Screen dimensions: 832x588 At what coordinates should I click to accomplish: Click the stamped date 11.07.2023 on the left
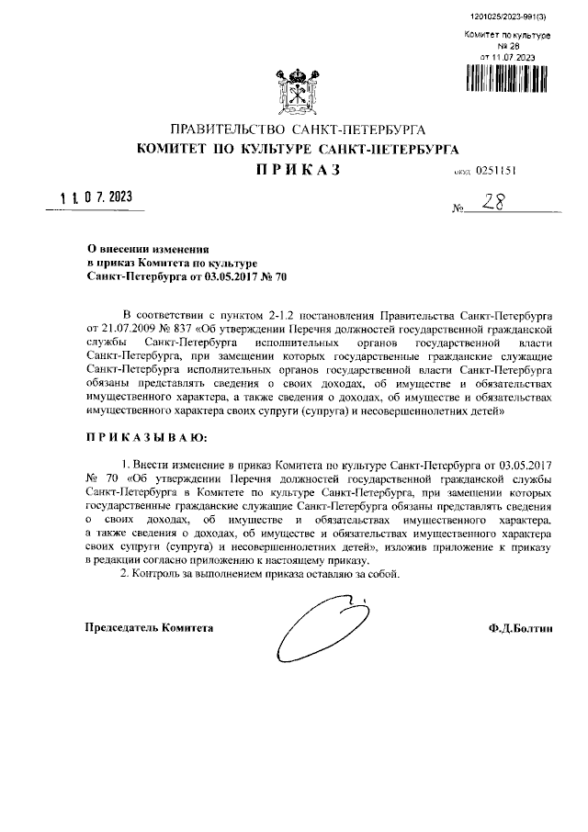[96, 197]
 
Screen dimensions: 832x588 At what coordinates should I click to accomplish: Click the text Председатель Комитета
[149, 628]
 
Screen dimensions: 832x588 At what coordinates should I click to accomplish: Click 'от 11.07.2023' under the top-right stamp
[507, 57]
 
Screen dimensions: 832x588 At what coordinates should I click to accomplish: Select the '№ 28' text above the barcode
[507, 46]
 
